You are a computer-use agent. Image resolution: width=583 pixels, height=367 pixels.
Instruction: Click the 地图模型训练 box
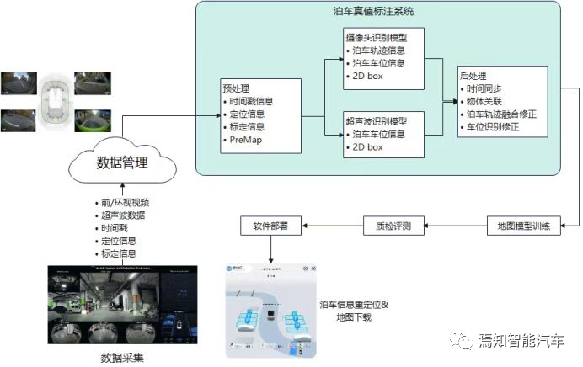(524, 226)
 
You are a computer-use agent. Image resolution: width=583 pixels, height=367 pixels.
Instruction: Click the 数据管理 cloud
(122, 163)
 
